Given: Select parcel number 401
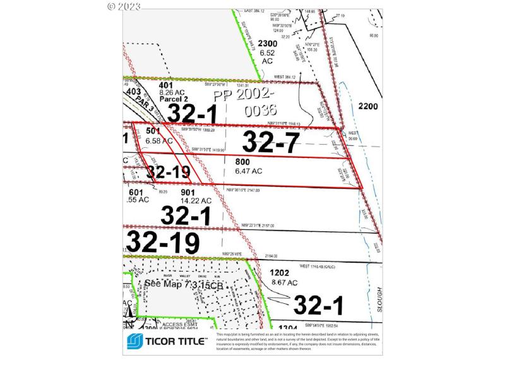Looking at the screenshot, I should coord(166,85).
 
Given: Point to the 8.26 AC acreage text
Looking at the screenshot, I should coord(172,92).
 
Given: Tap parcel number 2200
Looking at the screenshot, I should coord(367,105).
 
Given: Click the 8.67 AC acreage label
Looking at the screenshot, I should coord(283,283).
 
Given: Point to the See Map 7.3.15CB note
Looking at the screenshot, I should coord(184,285).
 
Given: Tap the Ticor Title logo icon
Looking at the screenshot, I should coord(135,342).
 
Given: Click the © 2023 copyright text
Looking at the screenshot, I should coord(124,6).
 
